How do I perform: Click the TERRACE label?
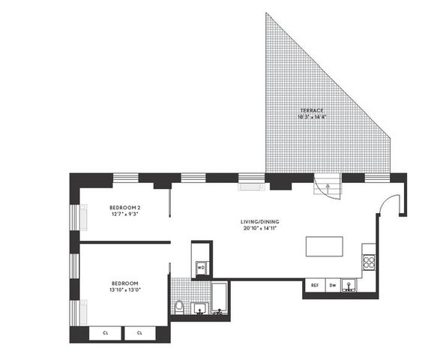310,110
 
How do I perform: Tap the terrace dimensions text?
310,117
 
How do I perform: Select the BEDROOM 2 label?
125,208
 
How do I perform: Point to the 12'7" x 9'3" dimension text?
125,214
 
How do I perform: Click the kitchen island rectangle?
324,247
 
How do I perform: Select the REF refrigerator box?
315,285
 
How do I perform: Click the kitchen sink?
349,284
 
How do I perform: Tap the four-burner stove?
368,262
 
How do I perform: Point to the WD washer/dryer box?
201,267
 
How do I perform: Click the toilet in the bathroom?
178,306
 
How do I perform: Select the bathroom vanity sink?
199,308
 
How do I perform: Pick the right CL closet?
139,333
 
